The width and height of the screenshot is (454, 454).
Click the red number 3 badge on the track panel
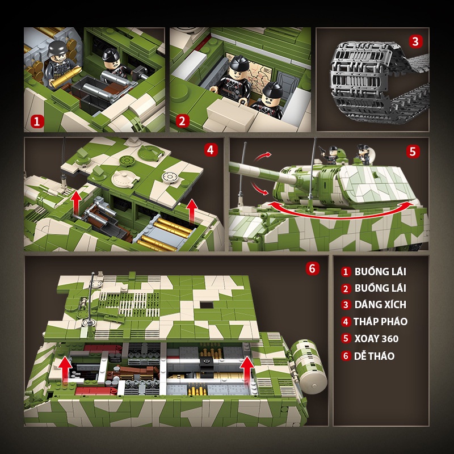click(416, 41)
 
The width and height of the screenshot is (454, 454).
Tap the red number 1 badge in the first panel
click(37, 120)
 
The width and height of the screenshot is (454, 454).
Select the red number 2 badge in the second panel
click(182, 120)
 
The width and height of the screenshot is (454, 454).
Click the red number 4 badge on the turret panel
click(209, 150)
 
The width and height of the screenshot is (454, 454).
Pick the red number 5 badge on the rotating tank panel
click(413, 151)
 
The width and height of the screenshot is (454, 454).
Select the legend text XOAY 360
click(376, 339)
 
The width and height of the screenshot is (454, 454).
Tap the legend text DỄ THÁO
click(375, 356)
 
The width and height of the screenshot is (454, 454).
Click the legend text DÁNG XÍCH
click(380, 305)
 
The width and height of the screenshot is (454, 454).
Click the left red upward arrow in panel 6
click(66, 369)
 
